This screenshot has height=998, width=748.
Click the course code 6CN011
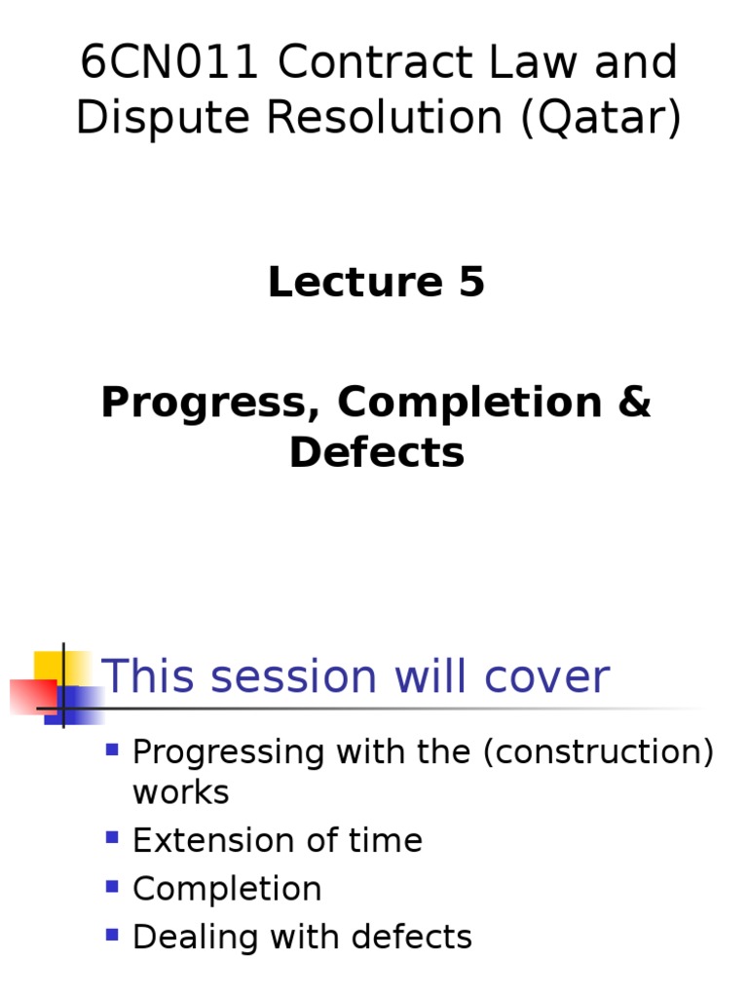(170, 63)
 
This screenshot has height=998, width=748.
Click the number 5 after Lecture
(467, 283)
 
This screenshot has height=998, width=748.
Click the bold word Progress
(209, 403)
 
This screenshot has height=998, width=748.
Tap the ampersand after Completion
(633, 403)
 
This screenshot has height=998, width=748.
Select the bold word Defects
(376, 452)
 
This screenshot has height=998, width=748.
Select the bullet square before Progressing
(112, 749)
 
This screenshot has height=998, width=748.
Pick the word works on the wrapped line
(181, 792)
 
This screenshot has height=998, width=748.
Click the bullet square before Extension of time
(112, 837)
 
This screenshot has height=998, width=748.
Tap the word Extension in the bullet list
(209, 840)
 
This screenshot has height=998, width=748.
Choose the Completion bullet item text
(227, 889)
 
